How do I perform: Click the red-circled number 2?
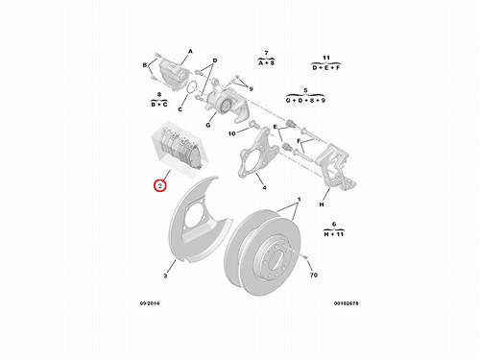[160, 185]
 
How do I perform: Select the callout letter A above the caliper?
[190, 51]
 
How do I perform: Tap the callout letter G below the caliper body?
[208, 125]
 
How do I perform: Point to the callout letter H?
[322, 204]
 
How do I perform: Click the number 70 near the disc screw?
[314, 275]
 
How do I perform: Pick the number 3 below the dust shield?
[165, 276]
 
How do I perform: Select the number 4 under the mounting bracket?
[264, 188]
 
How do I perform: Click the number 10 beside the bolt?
[231, 133]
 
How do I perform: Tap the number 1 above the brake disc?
[300, 200]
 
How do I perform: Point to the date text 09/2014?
[150, 303]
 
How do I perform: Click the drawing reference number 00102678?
[347, 303]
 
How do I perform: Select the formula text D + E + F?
[326, 68]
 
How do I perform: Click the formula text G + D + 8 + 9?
[305, 100]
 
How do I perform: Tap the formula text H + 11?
[334, 234]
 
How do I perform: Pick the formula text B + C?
[159, 105]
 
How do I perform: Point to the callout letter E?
[276, 127]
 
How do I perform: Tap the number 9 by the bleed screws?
[251, 88]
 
